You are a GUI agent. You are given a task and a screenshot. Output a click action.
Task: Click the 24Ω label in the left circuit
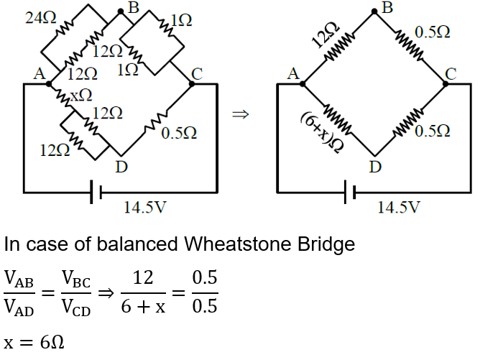click(40, 18)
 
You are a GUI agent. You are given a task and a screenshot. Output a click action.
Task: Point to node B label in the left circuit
click(133, 9)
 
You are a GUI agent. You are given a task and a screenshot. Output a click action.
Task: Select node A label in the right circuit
click(292, 73)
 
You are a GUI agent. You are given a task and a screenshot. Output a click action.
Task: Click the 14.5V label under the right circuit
click(400, 208)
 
